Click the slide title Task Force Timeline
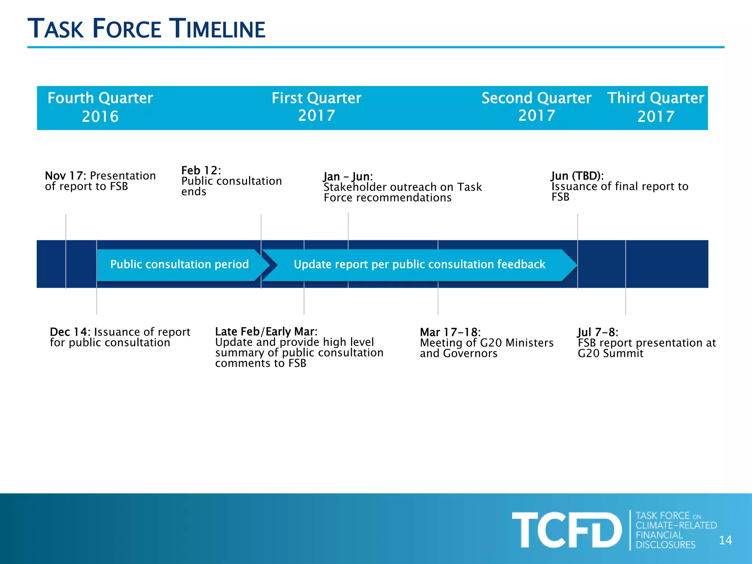[146, 29]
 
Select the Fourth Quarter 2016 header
[100, 107]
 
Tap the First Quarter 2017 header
[317, 106]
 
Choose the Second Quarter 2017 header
[536, 106]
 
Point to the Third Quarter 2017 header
[655, 107]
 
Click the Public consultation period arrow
[180, 264]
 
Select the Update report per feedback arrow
[419, 264]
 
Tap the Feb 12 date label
[201, 170]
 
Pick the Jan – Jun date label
[348, 177]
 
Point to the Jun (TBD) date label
[577, 176]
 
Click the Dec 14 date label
[70, 332]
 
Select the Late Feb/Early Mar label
[266, 332]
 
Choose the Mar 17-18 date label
[450, 332]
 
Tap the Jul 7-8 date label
[597, 332]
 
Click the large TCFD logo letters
[567, 530]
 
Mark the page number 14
[725, 540]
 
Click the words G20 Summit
[610, 354]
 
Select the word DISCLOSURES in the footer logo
[665, 545]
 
